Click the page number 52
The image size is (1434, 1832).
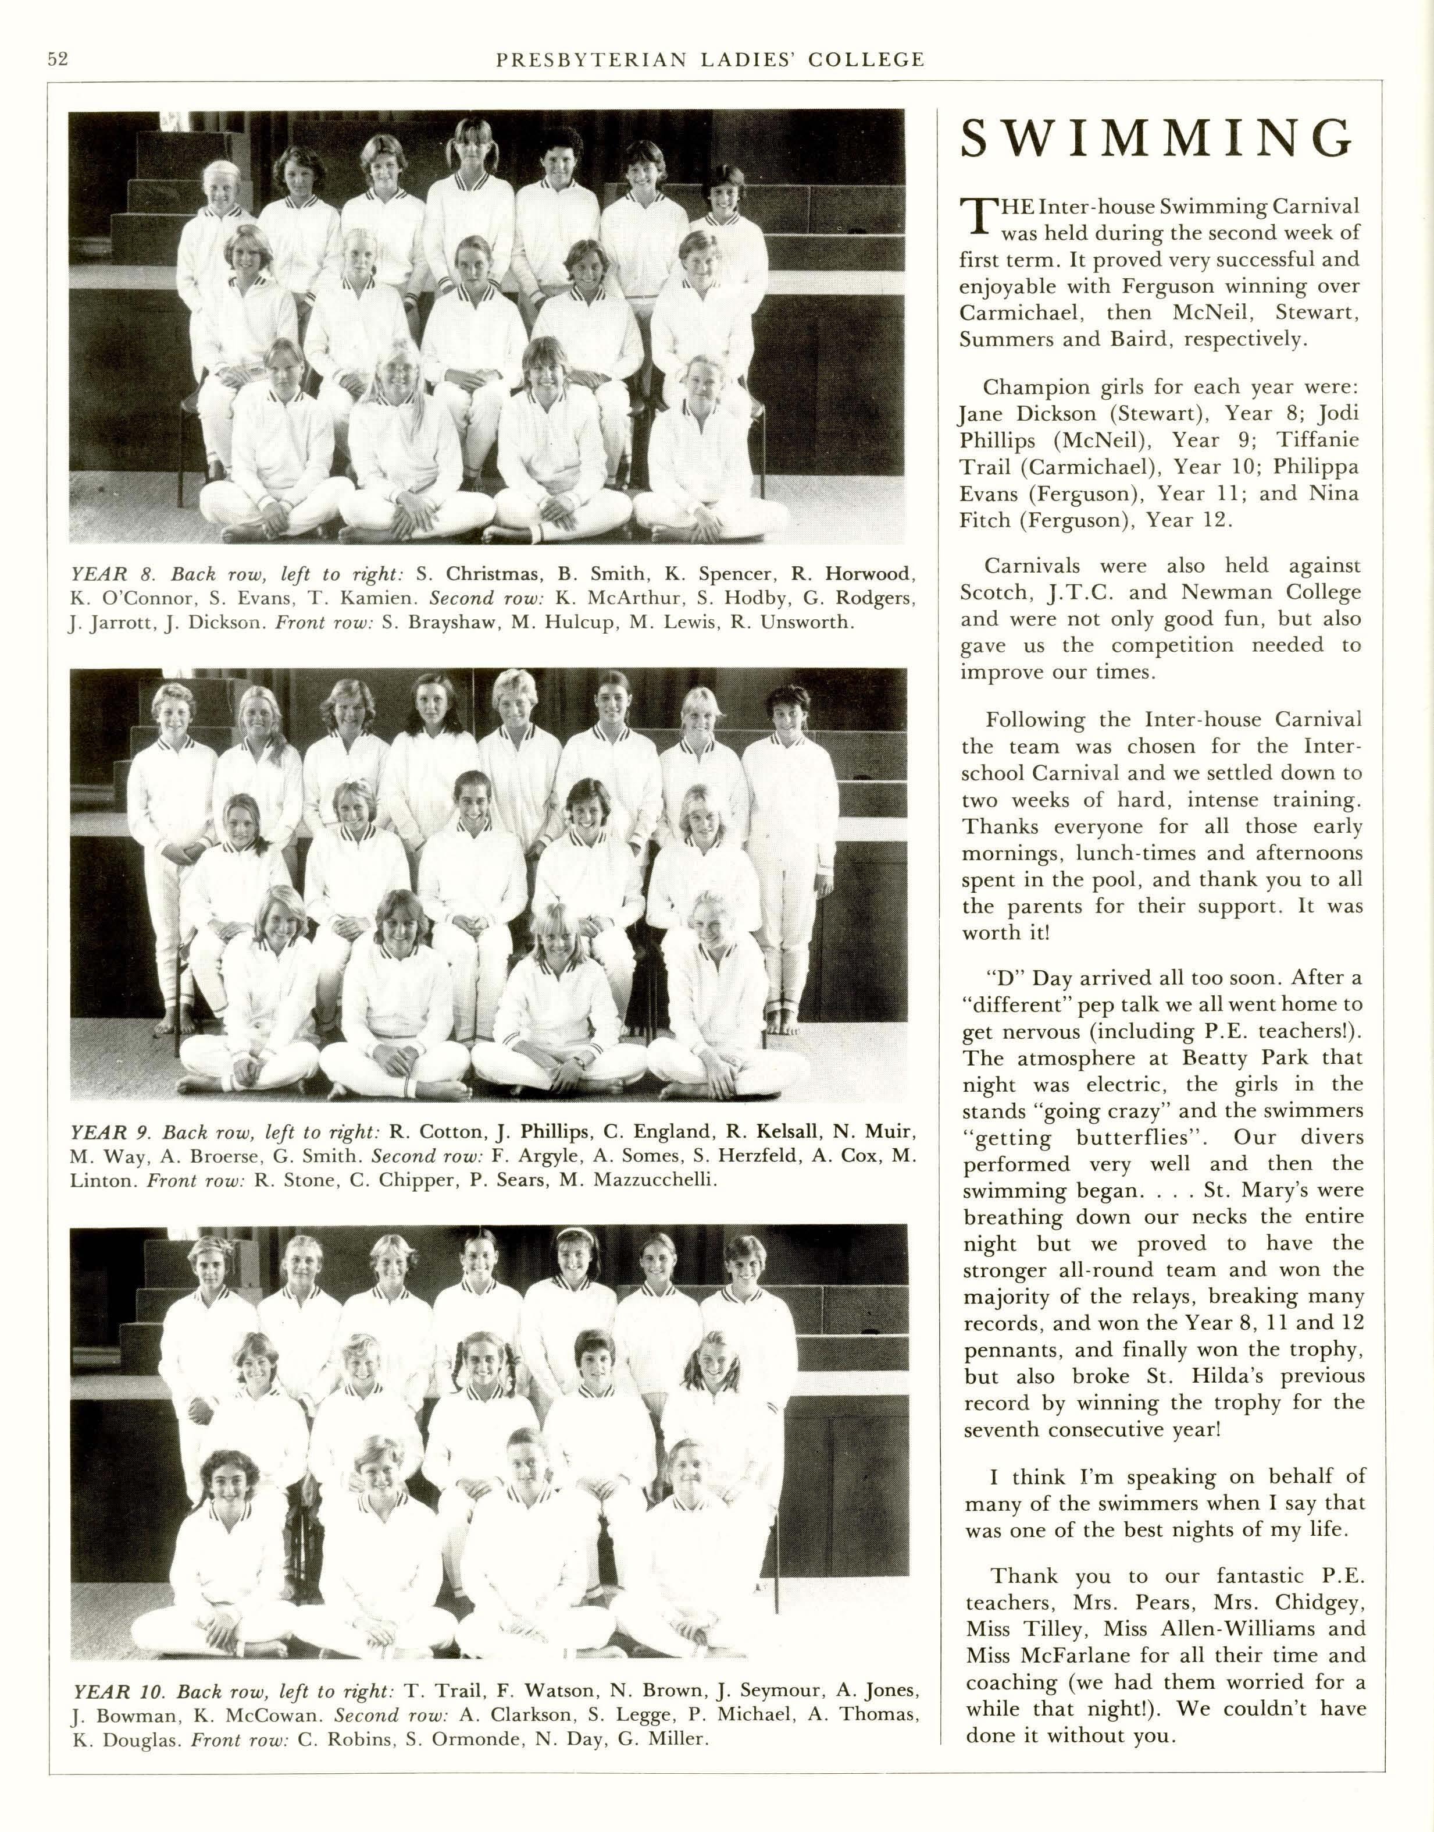(57, 59)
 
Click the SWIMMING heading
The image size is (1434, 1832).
(1158, 140)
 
